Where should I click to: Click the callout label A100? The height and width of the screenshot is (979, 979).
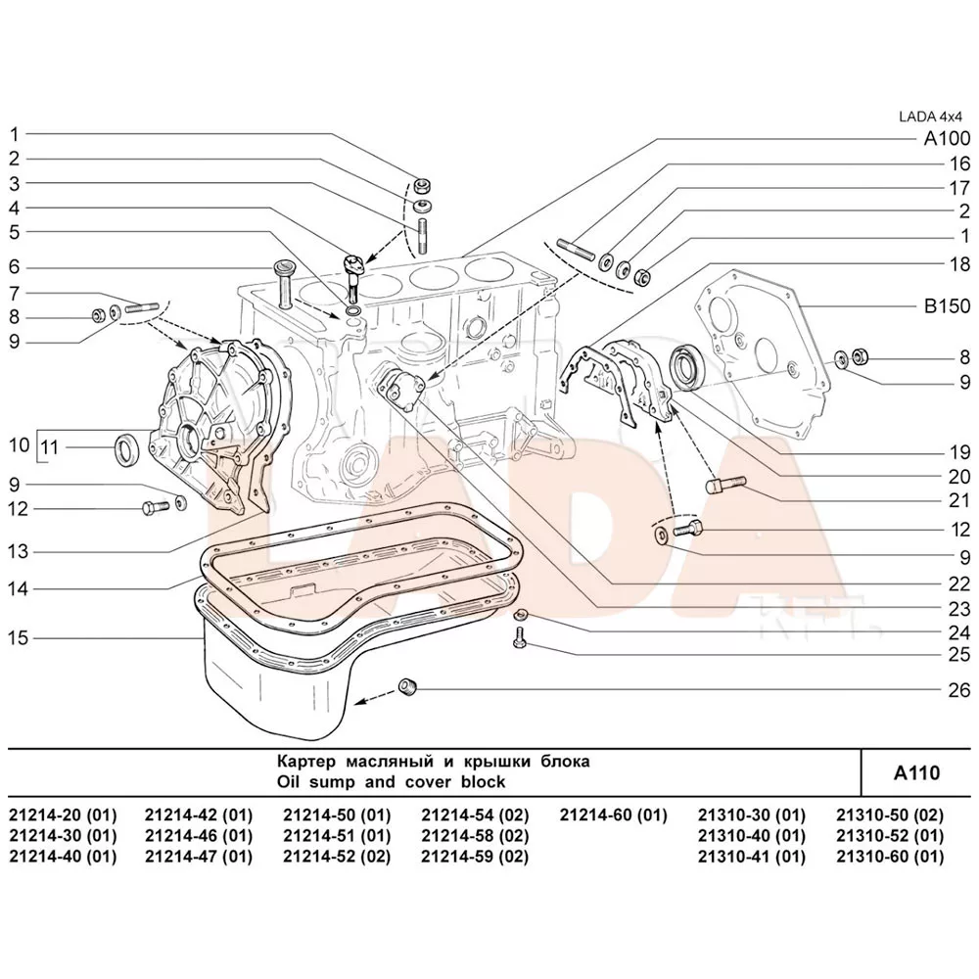947,139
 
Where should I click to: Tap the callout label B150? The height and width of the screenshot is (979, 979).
947,306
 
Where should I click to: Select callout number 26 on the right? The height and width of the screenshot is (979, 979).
957,689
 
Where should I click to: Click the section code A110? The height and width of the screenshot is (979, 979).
916,772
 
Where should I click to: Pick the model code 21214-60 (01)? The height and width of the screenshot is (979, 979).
613,815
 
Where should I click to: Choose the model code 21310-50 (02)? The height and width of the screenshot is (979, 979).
890,815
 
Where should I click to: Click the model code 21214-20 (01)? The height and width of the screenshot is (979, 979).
62,815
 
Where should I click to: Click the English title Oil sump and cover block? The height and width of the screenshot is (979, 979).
392,782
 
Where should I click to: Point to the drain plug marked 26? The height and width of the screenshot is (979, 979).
409,687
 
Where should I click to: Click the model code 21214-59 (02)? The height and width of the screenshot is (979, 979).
475,857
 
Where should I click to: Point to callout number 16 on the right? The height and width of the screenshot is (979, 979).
957,163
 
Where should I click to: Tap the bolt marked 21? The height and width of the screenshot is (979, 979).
725,485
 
